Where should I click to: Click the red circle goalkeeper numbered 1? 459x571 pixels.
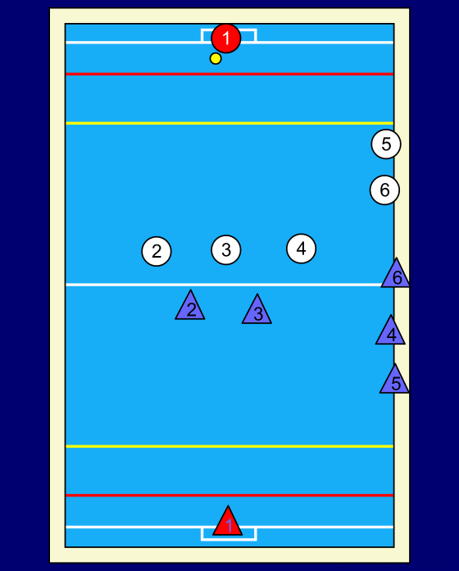(226, 39)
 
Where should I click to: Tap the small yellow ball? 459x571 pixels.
(216, 58)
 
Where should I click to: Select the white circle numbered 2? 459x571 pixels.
(157, 251)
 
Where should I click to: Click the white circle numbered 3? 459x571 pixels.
(226, 249)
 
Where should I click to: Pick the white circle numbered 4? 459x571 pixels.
(301, 249)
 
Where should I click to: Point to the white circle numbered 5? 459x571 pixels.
(386, 144)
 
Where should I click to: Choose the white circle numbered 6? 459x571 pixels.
(384, 190)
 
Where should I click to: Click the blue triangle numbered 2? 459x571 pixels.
(190, 308)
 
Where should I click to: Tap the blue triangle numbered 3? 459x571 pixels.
(257, 312)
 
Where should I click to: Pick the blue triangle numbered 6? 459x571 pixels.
(397, 276)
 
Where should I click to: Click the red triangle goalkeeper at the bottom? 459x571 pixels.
(228, 523)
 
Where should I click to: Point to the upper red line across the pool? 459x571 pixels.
(229, 74)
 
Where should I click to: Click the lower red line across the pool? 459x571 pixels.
(229, 496)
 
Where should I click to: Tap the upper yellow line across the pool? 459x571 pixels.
(229, 123)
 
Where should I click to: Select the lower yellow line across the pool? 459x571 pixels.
(229, 446)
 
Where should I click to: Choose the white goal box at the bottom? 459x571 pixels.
(229, 540)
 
